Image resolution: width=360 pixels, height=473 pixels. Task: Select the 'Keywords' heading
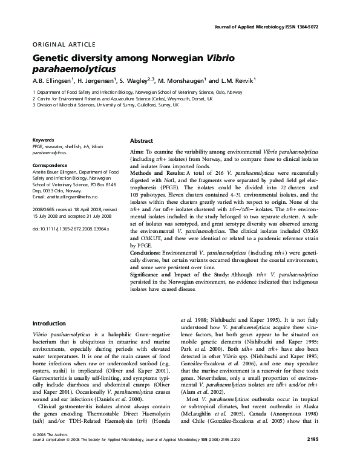[44, 140]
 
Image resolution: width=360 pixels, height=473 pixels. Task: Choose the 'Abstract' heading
[142, 140]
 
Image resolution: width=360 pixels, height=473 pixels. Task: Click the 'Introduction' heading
[49, 324]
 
